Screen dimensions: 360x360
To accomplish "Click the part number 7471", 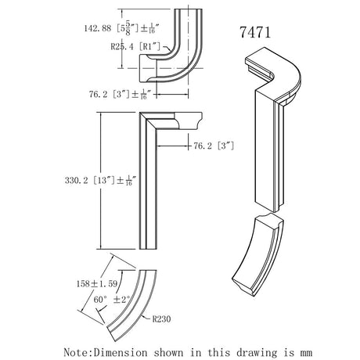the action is [x=255, y=32].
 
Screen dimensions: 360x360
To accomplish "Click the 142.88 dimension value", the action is [x=98, y=28].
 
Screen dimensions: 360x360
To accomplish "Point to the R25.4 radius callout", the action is [x=122, y=47].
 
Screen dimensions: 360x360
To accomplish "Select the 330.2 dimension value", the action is [x=77, y=180].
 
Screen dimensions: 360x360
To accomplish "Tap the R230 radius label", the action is [x=161, y=319].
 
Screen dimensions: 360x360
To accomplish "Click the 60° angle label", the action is [x=101, y=300].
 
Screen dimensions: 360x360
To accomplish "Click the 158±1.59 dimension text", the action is [x=97, y=283].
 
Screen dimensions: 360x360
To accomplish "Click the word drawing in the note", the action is [x=257, y=353].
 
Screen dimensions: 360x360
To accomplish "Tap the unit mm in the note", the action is [x=306, y=353].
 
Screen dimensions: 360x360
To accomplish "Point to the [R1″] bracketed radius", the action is [x=149, y=47].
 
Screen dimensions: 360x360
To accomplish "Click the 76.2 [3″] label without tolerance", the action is [x=214, y=146].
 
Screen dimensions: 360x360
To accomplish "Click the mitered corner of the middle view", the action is [x=148, y=121].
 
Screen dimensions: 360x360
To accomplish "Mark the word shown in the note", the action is [x=168, y=352].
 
